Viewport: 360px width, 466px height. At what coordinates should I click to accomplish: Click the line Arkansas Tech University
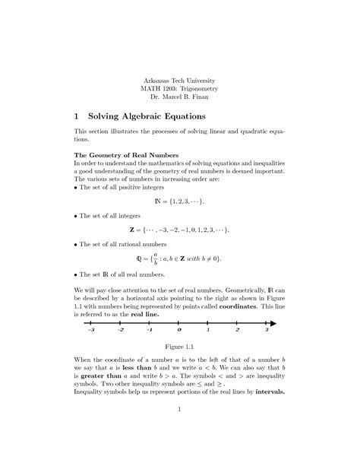pyautogui.click(x=179, y=80)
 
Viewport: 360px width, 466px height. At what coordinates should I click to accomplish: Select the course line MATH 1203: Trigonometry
pyautogui.click(x=180, y=89)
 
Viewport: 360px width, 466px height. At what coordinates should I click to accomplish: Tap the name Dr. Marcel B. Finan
pyautogui.click(x=180, y=98)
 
